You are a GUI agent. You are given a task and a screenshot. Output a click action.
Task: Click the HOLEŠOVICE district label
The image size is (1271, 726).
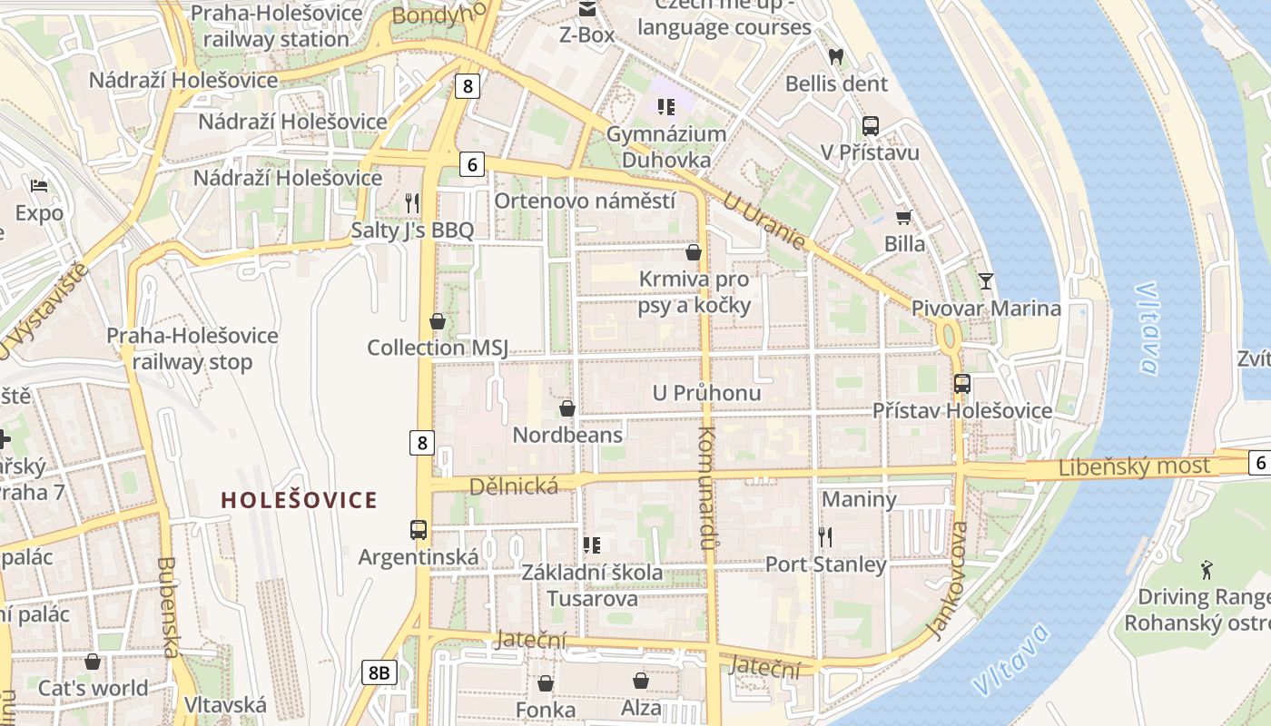300,500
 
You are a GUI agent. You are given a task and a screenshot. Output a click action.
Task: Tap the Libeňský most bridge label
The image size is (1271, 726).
1134,467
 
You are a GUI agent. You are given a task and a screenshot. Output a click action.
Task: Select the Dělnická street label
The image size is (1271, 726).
513,487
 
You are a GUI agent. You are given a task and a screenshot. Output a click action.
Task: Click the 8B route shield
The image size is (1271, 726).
380,672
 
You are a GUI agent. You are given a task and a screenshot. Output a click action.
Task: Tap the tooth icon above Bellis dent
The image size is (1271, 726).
836,56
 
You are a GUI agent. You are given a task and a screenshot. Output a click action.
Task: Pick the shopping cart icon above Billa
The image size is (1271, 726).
903,217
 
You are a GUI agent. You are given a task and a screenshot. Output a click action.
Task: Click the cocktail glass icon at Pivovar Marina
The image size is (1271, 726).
986,280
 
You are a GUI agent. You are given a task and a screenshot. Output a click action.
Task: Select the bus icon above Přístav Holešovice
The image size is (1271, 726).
962,384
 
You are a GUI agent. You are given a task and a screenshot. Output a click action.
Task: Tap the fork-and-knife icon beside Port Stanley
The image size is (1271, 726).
825,537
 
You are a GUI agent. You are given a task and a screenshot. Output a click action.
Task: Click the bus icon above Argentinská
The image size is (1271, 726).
419,529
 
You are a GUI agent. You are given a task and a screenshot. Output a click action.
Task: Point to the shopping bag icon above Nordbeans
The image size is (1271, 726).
567,408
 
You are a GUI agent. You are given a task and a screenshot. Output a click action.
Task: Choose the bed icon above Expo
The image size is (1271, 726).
39,186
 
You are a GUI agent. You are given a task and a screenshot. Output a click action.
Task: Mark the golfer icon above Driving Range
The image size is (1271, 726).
1206,570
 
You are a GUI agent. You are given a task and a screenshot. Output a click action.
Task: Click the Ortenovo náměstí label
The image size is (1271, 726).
585,201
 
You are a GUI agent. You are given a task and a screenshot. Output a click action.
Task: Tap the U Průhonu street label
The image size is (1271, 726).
707,394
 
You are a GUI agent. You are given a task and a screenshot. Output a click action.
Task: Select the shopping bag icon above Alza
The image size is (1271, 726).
641,681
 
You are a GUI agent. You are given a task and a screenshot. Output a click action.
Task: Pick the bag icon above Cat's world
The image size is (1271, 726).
93,662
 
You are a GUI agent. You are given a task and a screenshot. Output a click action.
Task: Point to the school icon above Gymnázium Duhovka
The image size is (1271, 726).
666,108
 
